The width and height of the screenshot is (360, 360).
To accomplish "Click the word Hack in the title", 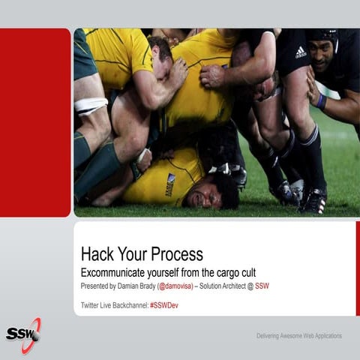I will pyautogui.click(x=97, y=253).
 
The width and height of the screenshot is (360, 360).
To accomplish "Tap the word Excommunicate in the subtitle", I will pyautogui.click(x=121, y=271).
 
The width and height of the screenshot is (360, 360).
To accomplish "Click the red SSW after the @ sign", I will pyautogui.click(x=262, y=286).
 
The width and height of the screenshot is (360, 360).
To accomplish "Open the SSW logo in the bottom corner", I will pyautogui.click(x=23, y=332).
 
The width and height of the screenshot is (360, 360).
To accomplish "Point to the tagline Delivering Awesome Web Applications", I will pyautogui.click(x=298, y=335).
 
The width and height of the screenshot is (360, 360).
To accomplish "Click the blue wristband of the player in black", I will pyautogui.click(x=322, y=101).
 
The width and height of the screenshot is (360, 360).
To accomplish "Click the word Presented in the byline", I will pyautogui.click(x=96, y=286).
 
